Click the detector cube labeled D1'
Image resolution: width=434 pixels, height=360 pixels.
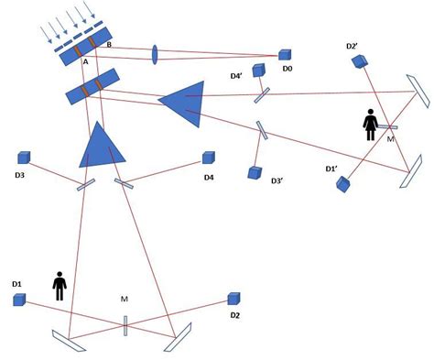click(x=342, y=183)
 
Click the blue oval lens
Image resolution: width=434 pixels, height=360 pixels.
click(x=153, y=55)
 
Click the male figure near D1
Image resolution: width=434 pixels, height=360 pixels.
click(x=60, y=286)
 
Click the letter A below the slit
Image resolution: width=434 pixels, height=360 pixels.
click(x=85, y=63)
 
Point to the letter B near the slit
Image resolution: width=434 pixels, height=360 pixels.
click(x=110, y=44)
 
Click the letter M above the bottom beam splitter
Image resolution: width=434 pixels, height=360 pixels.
click(x=125, y=300)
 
